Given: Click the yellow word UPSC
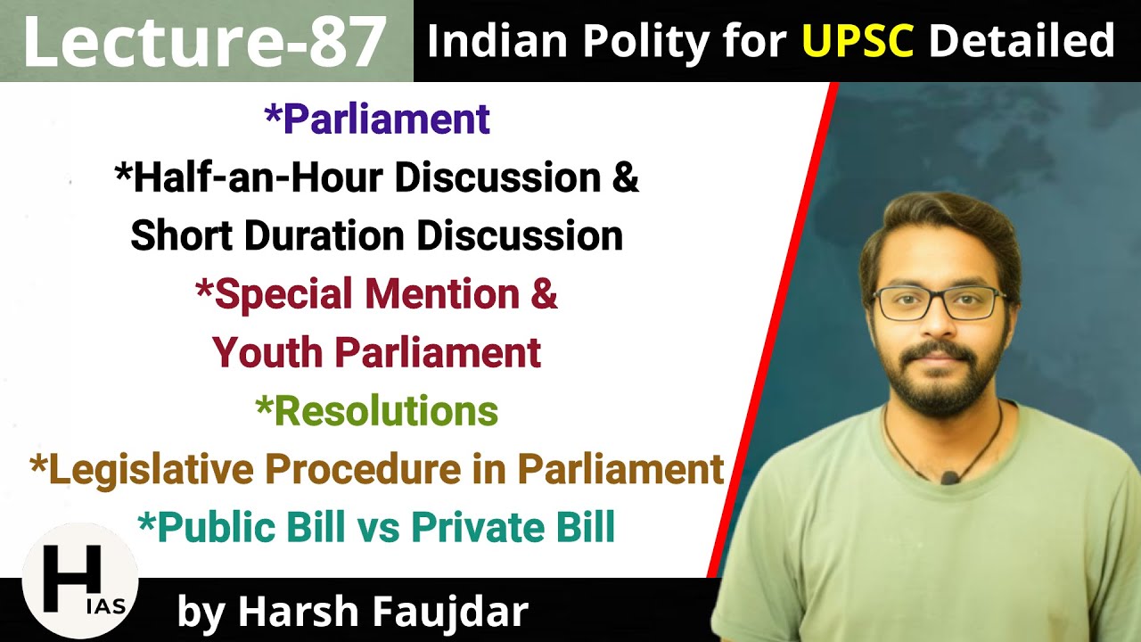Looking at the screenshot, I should tap(858, 41).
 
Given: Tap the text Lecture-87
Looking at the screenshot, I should tap(204, 42).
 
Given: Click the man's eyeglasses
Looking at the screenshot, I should tap(939, 303).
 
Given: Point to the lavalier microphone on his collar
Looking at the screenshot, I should tap(950, 478).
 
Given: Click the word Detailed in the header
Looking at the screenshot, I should tap(1022, 41).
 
